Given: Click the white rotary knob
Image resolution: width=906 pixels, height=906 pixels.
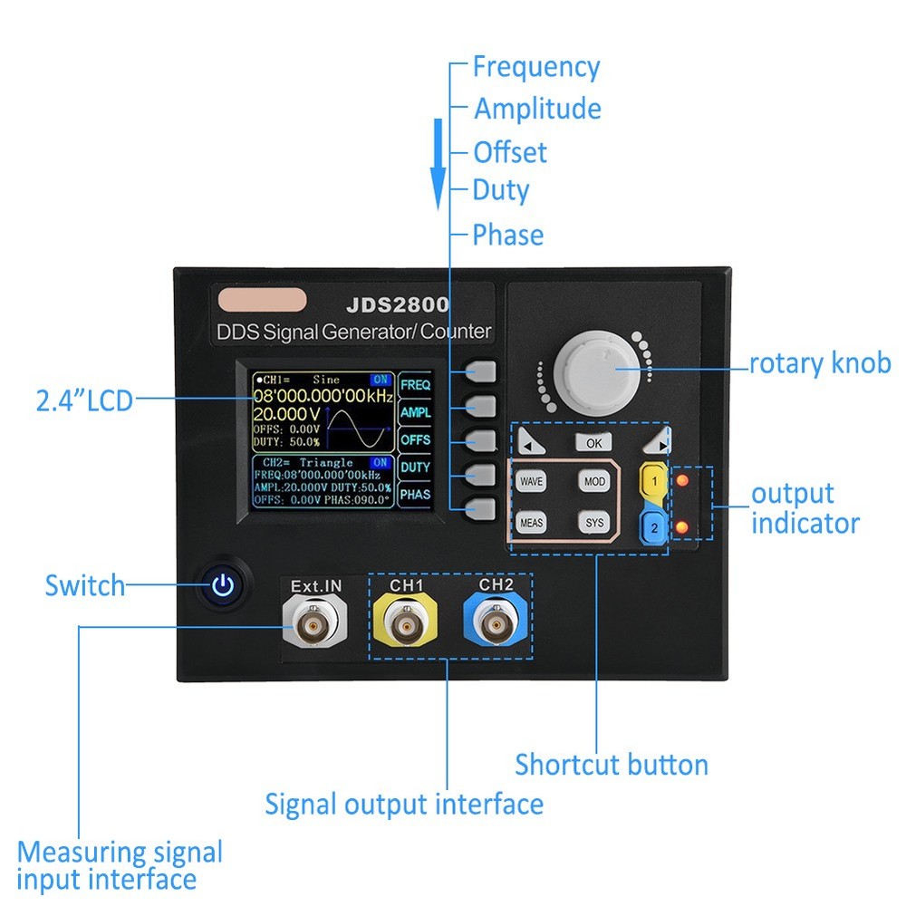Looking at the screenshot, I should pyautogui.click(x=599, y=370).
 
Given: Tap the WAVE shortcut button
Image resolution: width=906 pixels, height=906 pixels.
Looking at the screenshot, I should pyautogui.click(x=531, y=481).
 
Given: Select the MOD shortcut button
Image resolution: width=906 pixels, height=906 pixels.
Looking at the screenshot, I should pyautogui.click(x=593, y=481).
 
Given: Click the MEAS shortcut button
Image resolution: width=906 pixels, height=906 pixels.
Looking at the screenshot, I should pyautogui.click(x=531, y=522).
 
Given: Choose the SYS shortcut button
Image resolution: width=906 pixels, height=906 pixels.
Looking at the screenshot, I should pyautogui.click(x=593, y=522).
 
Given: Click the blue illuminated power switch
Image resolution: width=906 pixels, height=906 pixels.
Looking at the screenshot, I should pyautogui.click(x=223, y=586).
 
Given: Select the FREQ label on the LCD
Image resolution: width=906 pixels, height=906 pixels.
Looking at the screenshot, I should pyautogui.click(x=415, y=384).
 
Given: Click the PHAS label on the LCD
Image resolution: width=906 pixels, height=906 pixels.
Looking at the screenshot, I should pyautogui.click(x=415, y=495).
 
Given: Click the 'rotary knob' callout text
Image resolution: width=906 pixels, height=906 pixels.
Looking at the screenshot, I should pyautogui.click(x=820, y=364).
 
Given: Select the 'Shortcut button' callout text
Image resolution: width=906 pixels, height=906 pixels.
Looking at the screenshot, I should pyautogui.click(x=612, y=765).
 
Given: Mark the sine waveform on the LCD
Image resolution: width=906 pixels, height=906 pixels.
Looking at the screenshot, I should pyautogui.click(x=360, y=429).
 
